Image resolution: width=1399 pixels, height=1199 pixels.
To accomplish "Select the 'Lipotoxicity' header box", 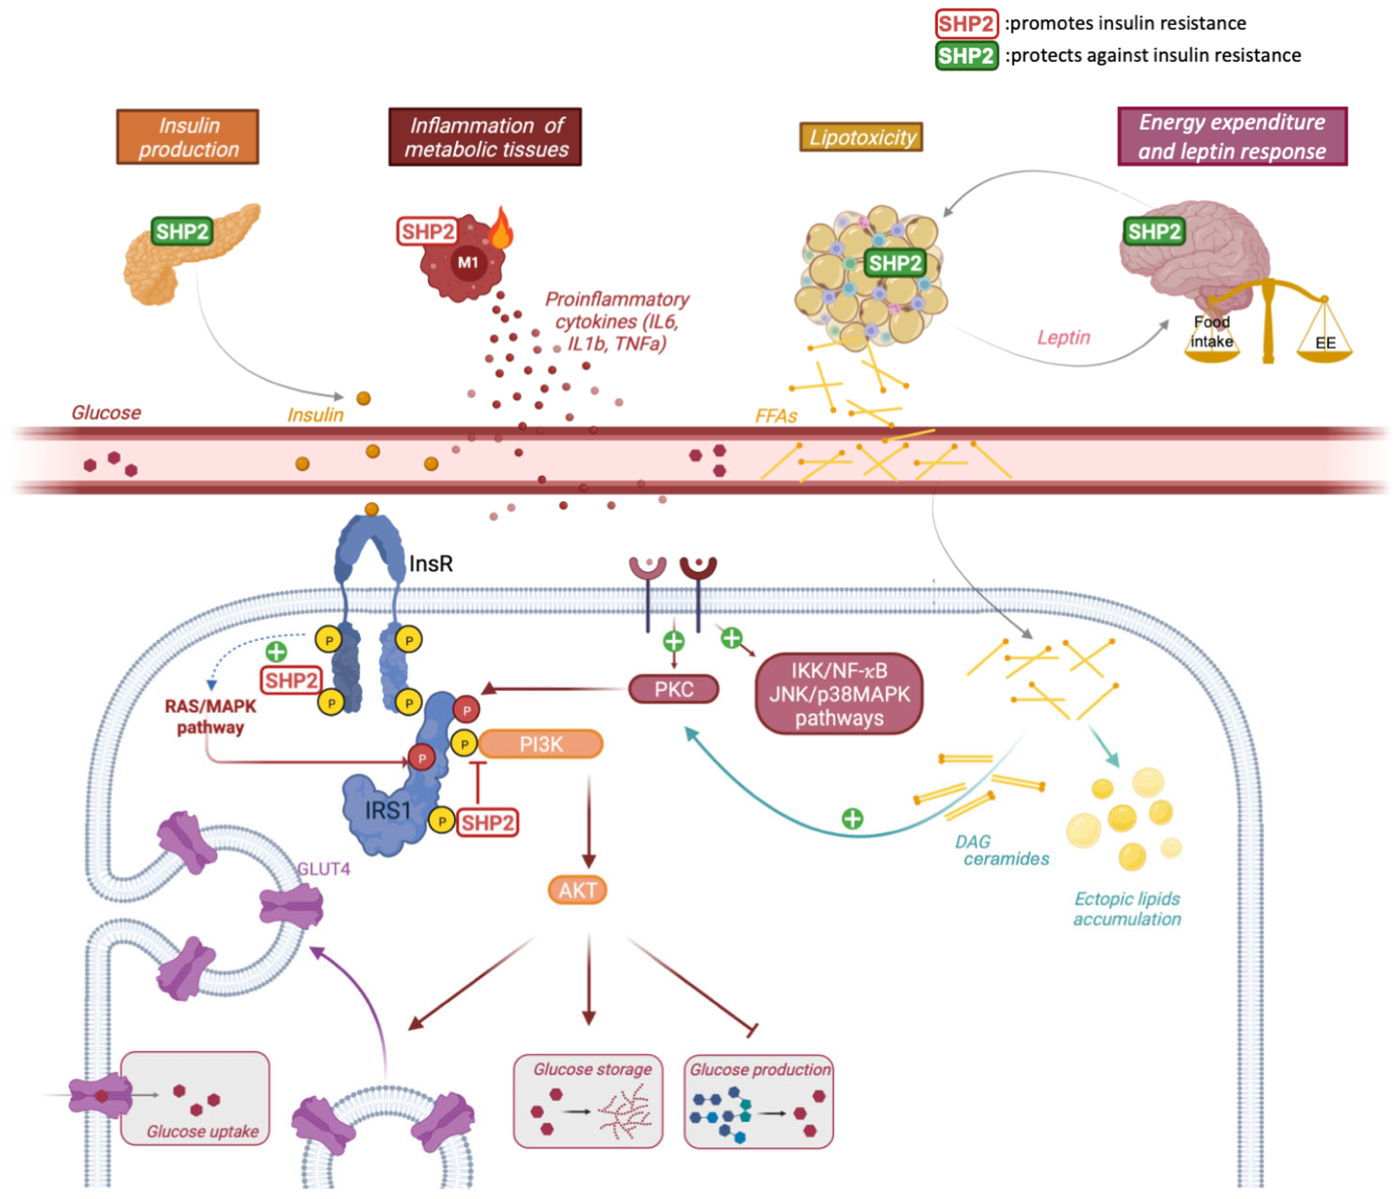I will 861,137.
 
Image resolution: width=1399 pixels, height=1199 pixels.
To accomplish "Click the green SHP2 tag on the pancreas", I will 181,232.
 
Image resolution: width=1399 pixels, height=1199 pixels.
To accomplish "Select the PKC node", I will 673,689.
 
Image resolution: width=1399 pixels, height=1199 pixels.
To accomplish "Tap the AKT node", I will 577,890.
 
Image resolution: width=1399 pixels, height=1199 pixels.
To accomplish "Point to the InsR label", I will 431,564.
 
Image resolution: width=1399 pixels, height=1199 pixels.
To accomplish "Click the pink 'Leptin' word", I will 1063,338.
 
